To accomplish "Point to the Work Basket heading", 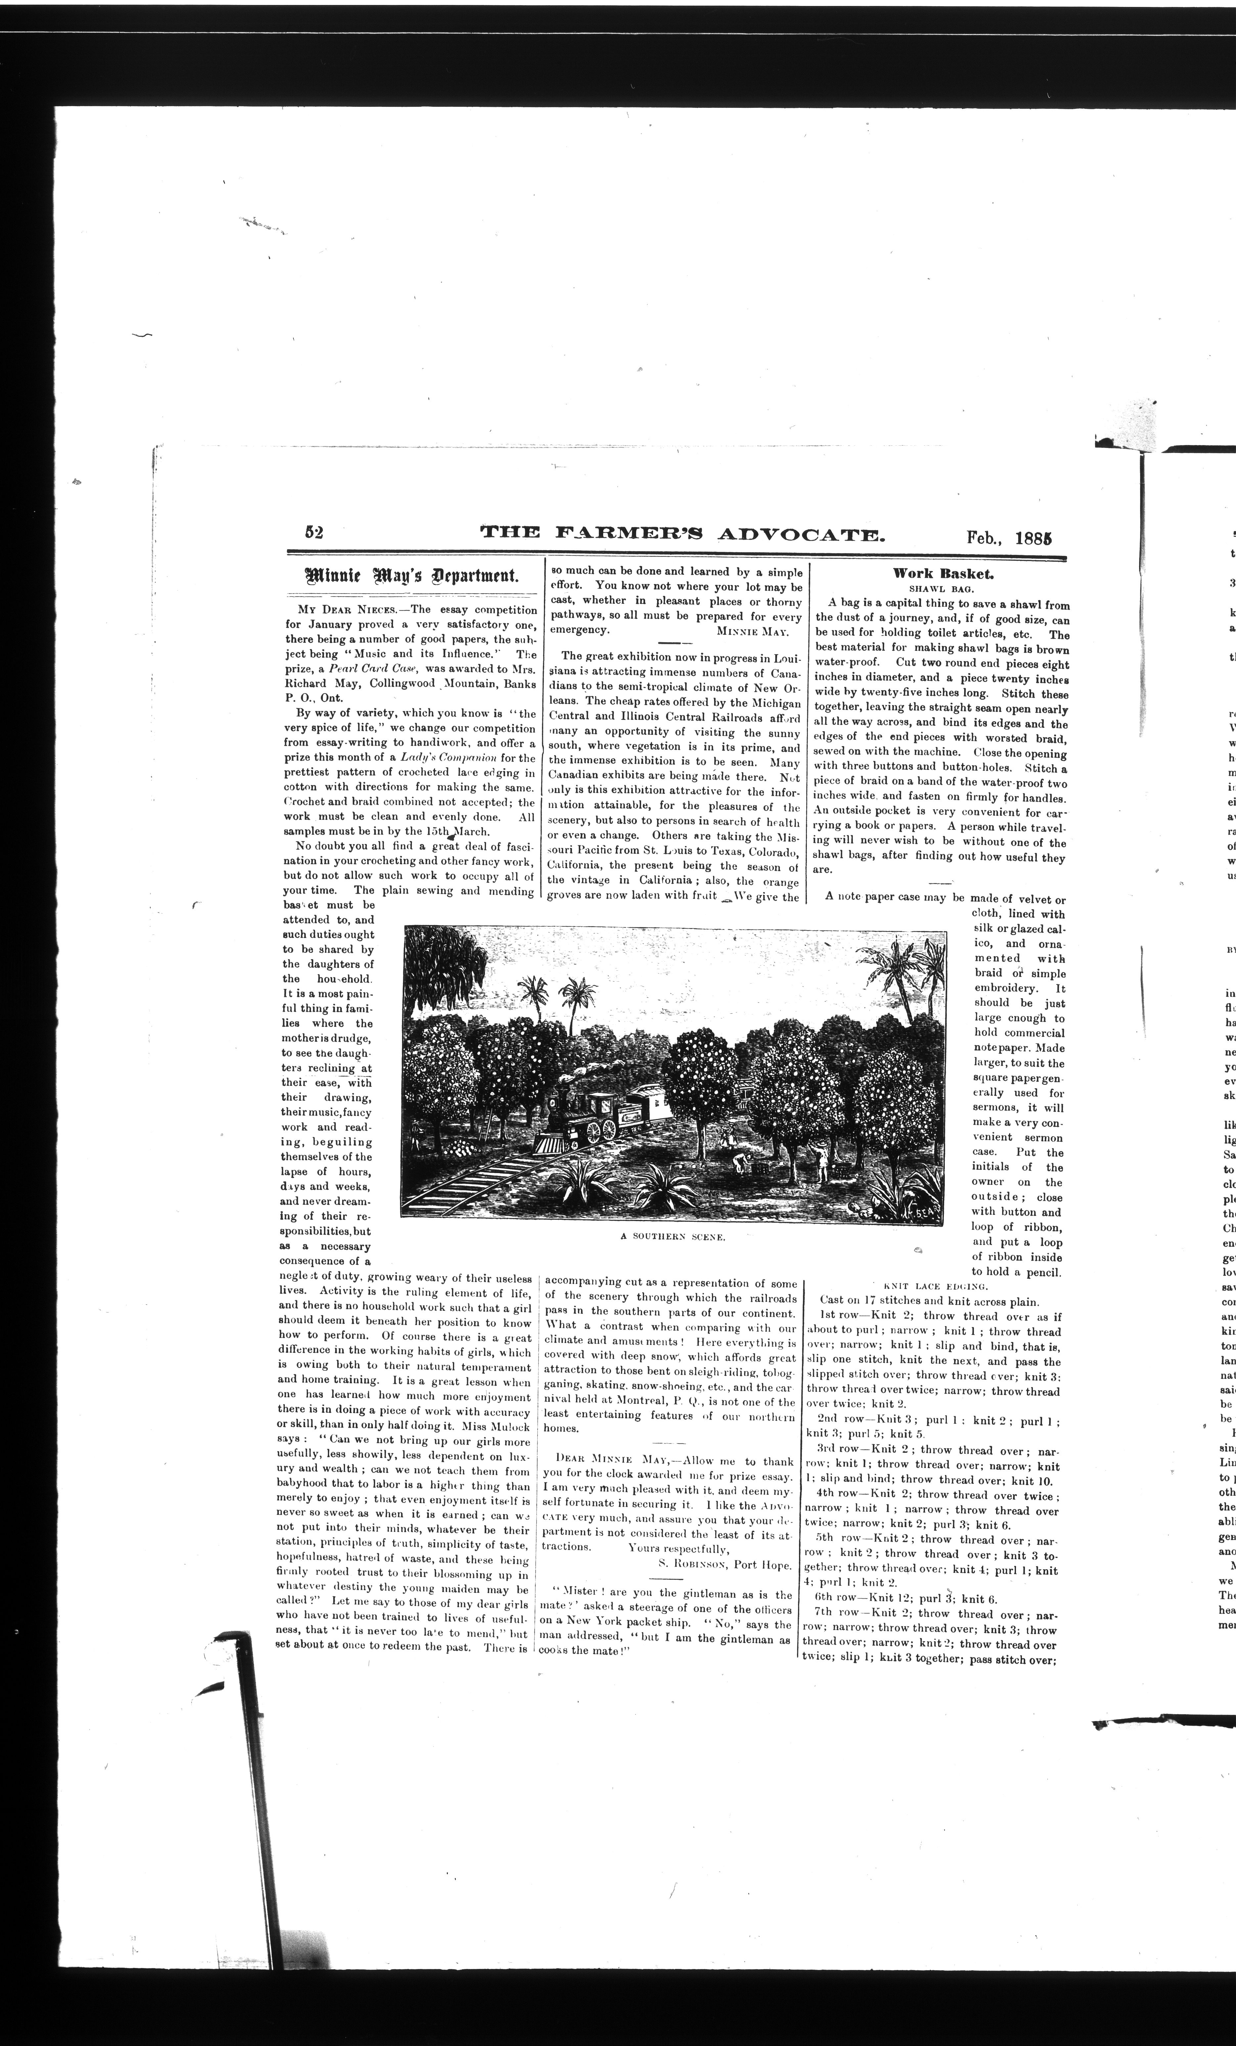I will click(x=942, y=573).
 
